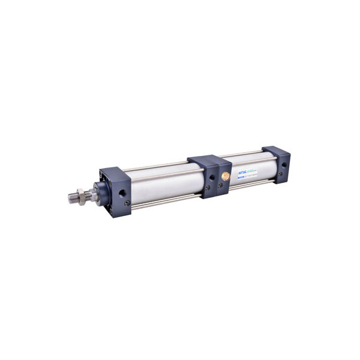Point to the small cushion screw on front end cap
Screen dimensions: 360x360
[x=127, y=203]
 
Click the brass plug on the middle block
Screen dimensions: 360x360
[x=225, y=176]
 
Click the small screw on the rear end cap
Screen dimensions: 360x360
[x=280, y=174]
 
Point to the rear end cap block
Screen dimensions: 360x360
[x=277, y=164]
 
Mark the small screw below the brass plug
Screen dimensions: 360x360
[x=220, y=185]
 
